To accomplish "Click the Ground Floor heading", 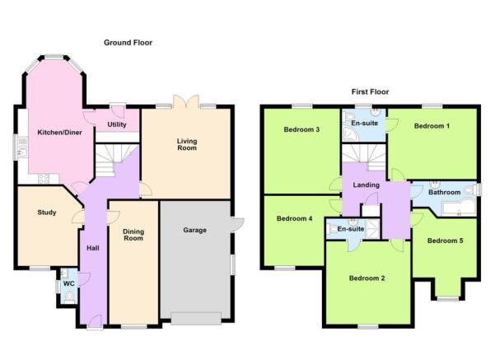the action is tap(128, 43).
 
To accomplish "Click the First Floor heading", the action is tap(370, 92).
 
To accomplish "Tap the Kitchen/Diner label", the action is tap(59, 133).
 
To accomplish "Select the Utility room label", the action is tap(117, 124).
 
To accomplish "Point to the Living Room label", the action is tap(187, 145).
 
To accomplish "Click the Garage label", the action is tap(194, 230).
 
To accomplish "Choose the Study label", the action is tap(47, 213).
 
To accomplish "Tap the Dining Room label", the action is tap(133, 235).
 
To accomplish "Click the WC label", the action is tap(69, 283).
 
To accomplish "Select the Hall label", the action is tap(93, 248).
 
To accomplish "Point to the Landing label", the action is tap(367, 185).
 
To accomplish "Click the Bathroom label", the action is tap(444, 192).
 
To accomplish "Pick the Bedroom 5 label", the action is tap(445, 241).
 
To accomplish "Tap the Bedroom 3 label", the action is tap(301, 129).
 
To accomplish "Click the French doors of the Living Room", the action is tap(186, 101).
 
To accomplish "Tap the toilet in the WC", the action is tap(69, 297).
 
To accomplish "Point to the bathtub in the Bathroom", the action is tap(460, 208).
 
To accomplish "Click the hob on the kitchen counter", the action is tap(44, 179).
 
